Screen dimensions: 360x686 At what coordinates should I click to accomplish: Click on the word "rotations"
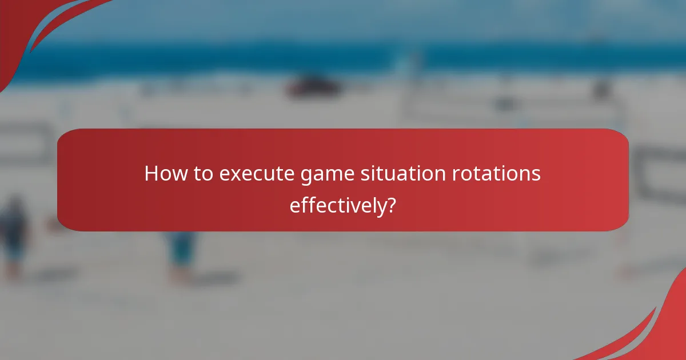tap(493, 174)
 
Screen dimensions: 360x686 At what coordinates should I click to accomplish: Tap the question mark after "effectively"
tap(392, 205)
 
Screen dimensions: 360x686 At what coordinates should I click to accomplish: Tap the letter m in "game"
tap(332, 175)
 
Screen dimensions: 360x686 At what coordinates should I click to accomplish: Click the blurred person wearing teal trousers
tap(182, 251)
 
